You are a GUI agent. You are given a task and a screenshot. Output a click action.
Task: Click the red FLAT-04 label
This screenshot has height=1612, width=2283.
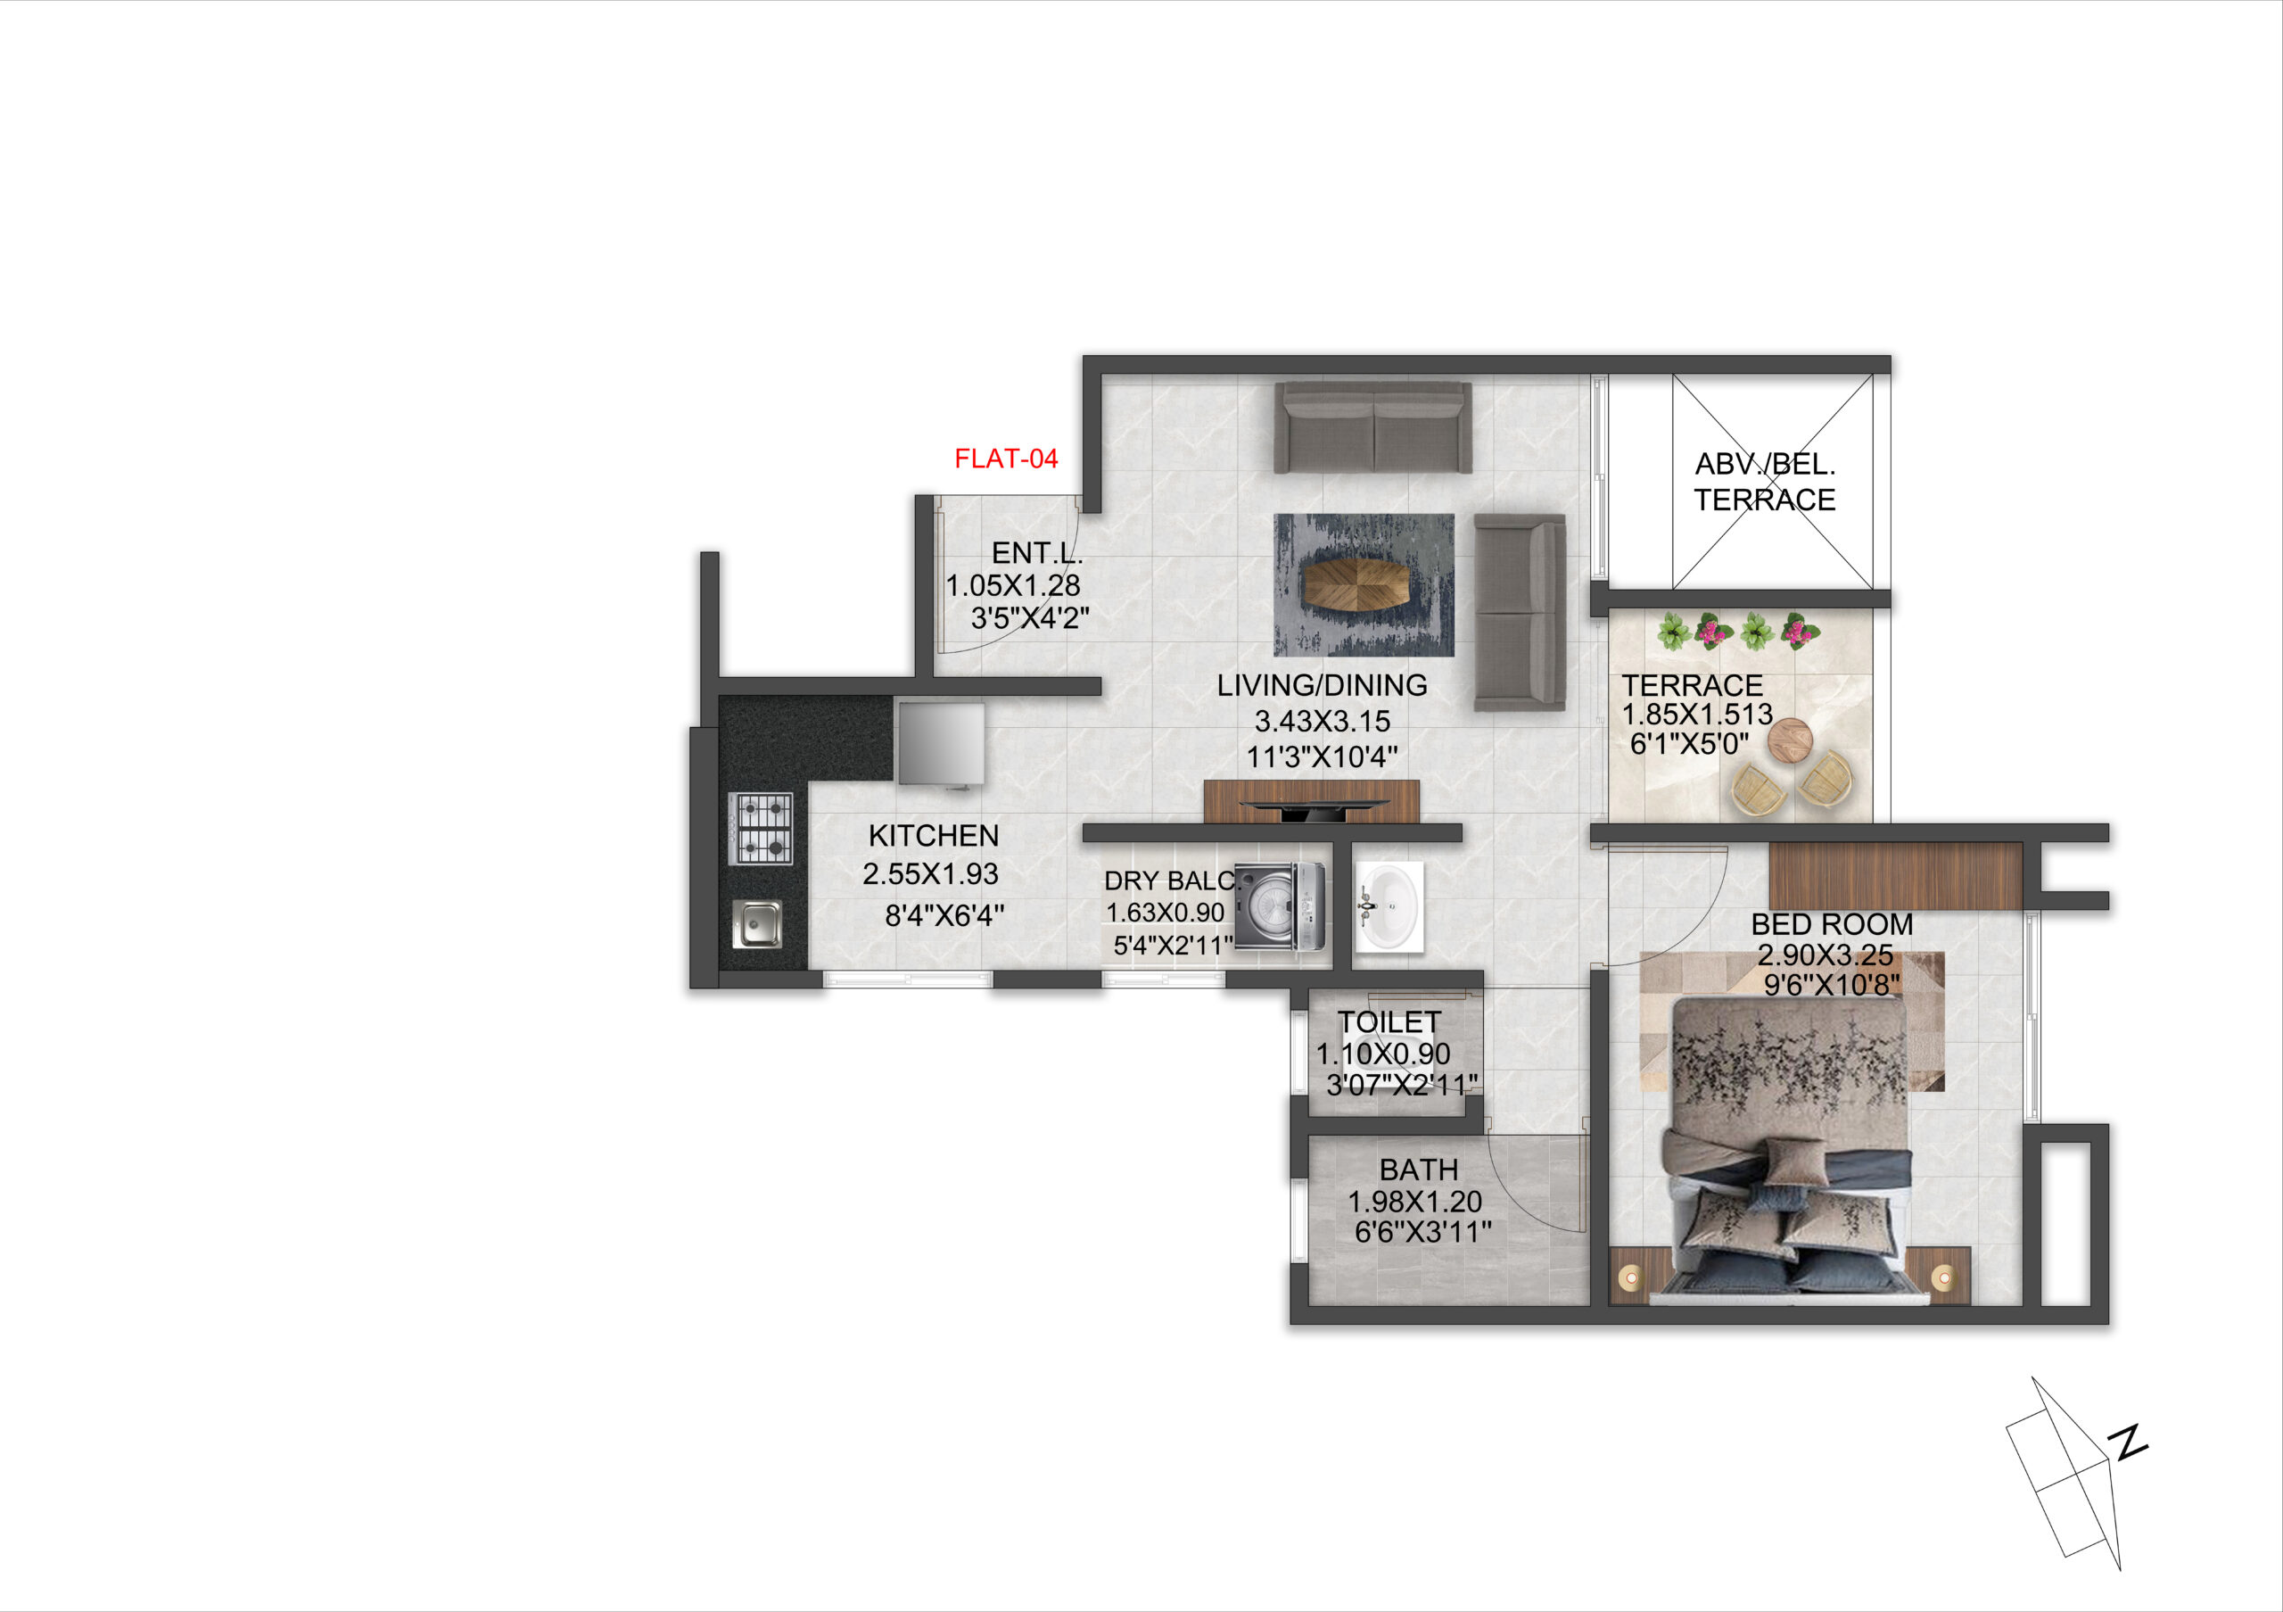(x=1005, y=459)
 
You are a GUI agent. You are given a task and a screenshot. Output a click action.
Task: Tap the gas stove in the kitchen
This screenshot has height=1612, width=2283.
(x=761, y=829)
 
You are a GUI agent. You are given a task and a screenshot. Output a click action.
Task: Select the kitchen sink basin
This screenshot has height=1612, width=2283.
(x=758, y=924)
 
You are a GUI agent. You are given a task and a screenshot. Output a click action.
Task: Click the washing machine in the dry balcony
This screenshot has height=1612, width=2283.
(x=1280, y=906)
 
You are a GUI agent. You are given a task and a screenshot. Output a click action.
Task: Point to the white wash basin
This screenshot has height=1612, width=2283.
(x=1389, y=907)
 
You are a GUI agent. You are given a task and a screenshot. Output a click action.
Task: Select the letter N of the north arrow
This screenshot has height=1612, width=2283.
(x=2129, y=1443)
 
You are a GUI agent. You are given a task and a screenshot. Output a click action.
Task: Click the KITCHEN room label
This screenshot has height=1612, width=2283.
(x=933, y=835)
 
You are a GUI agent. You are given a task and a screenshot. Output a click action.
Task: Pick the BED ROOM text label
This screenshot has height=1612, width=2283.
(x=1832, y=924)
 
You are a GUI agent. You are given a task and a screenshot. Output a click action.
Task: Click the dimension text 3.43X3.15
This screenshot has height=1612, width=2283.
(x=1322, y=721)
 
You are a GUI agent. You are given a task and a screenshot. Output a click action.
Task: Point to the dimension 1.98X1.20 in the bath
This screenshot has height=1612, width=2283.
(x=1414, y=1202)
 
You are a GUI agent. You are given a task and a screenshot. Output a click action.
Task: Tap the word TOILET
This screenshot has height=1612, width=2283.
(x=1389, y=1022)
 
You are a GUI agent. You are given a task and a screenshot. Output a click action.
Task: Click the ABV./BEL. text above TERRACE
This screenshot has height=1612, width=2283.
(x=1765, y=465)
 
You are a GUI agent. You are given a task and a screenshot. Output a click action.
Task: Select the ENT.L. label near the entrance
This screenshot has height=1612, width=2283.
(x=1037, y=552)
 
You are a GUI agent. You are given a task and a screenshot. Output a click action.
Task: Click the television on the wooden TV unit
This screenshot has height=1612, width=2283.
(x=1312, y=808)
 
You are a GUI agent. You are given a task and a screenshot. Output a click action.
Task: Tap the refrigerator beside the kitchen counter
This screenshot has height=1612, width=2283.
(x=941, y=745)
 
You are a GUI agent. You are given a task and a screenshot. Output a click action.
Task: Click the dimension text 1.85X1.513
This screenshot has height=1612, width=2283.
(x=1697, y=714)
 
